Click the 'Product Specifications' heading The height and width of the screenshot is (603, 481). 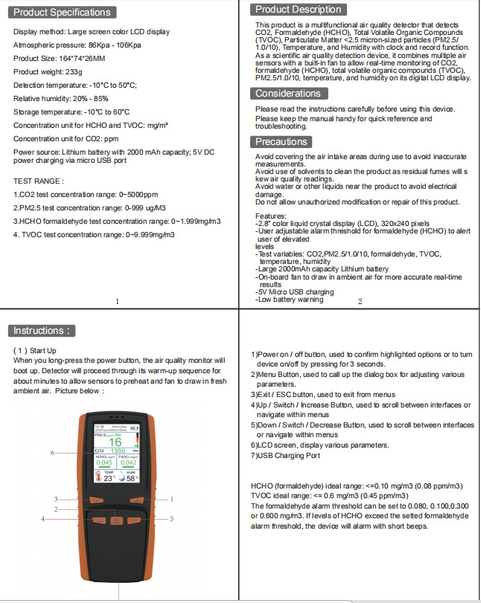63,12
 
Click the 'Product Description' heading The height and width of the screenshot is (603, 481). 299,10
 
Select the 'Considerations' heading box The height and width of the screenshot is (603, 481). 288,94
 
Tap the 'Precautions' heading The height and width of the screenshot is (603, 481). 281,141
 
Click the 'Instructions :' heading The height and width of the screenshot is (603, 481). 44,331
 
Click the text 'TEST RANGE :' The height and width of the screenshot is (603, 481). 39,181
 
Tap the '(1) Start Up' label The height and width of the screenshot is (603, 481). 35,350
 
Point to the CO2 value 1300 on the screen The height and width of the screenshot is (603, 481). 118,451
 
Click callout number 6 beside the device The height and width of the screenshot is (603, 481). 52,452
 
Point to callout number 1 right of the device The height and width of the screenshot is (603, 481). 171,499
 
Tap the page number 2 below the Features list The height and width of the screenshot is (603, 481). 360,301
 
